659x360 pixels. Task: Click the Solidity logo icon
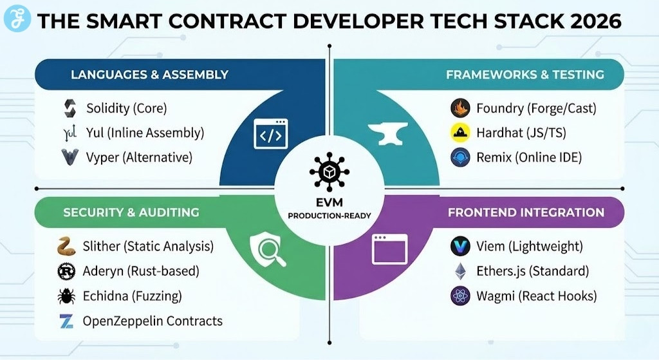click(x=69, y=108)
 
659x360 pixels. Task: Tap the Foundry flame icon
click(x=459, y=108)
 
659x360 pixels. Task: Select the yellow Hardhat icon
click(x=459, y=133)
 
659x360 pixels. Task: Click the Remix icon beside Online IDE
click(x=459, y=156)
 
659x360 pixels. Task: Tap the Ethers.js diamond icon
click(x=459, y=271)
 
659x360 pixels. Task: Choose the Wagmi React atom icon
click(x=459, y=296)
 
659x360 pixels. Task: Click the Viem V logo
click(x=459, y=246)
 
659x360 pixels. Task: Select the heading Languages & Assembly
click(x=149, y=75)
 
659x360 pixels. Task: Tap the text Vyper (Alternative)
click(x=139, y=157)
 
